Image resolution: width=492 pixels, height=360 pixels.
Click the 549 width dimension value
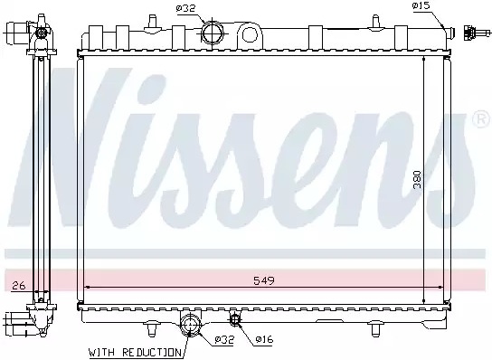[x=264, y=280]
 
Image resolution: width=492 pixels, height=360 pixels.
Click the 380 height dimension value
[x=416, y=180]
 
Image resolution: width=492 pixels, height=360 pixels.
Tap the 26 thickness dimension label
[x=18, y=286]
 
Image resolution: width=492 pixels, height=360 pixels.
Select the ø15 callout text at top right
[x=421, y=5]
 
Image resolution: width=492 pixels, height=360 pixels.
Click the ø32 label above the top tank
[x=185, y=8]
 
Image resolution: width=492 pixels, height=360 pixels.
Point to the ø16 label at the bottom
[x=264, y=339]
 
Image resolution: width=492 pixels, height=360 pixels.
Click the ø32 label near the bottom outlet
[x=224, y=339]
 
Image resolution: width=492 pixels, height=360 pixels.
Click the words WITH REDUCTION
[x=136, y=353]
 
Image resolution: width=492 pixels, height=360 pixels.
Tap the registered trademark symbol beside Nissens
[x=481, y=119]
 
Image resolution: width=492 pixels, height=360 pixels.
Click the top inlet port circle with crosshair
[x=212, y=33]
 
